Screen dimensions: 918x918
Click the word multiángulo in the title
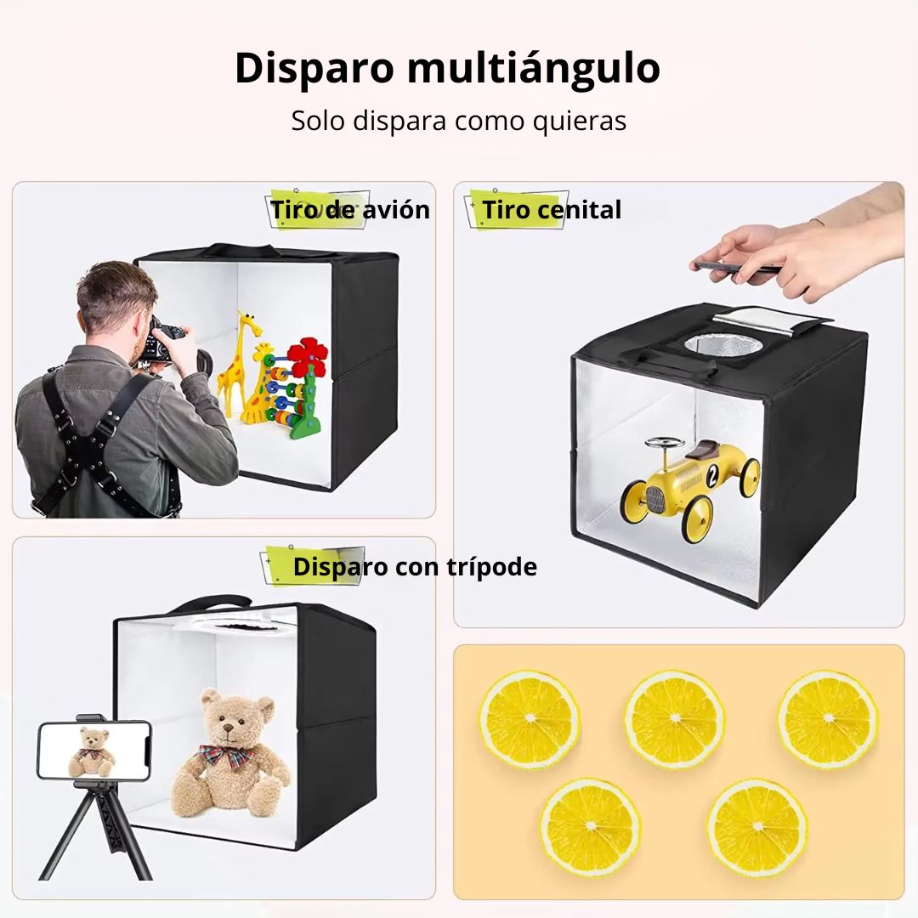click(533, 69)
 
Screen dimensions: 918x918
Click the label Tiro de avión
click(350, 210)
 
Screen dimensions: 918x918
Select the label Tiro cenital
click(552, 210)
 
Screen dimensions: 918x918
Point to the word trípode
click(491, 567)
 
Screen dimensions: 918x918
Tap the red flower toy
click(307, 357)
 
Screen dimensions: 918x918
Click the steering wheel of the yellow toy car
click(664, 443)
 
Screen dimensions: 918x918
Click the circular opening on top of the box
click(723, 345)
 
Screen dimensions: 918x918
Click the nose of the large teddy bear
click(229, 728)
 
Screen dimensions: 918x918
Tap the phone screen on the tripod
click(94, 751)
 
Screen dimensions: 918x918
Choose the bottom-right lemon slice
click(757, 827)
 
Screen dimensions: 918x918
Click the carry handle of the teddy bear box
click(211, 603)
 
